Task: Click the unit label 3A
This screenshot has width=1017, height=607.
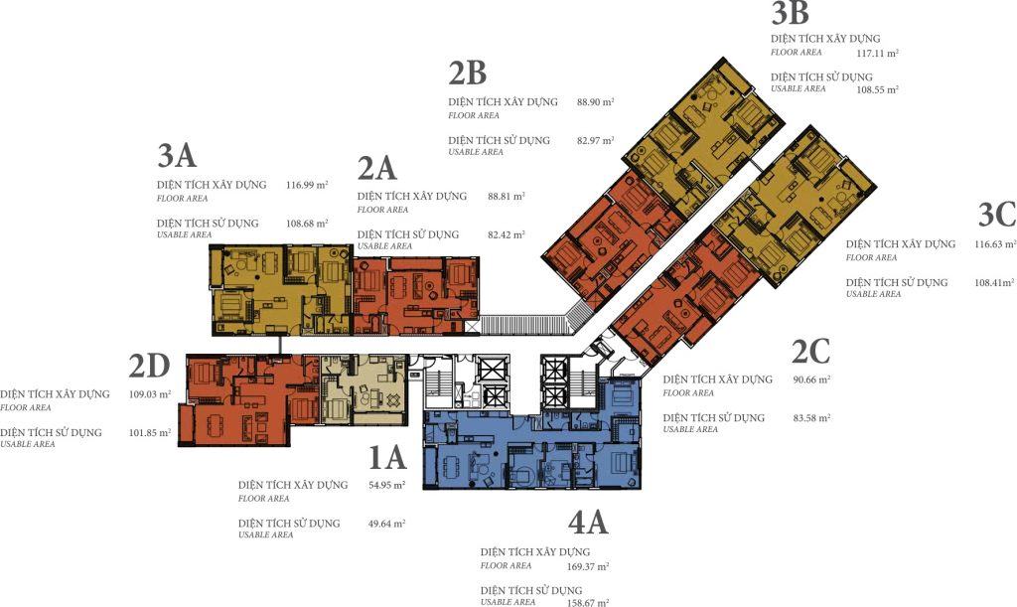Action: pos(177,156)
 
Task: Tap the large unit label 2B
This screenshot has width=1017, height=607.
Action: pos(467,74)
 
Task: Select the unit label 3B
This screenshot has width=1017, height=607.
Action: pos(790,13)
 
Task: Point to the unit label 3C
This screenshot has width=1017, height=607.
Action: pos(997,215)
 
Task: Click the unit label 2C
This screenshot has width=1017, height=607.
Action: pos(810,352)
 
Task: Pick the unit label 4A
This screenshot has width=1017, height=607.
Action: pos(588,522)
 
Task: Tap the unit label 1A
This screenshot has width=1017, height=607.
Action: pos(387,457)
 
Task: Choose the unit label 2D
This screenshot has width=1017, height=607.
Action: pos(149,367)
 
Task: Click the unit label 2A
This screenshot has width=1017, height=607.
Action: pos(376,169)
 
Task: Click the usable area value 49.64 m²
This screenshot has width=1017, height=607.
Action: pos(386,524)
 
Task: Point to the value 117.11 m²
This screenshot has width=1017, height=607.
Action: pos(878,54)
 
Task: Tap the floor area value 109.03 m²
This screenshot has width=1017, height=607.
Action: pos(150,393)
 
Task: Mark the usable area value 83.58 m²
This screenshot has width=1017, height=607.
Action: pos(811,418)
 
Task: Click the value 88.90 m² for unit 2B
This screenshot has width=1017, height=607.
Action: pos(596,101)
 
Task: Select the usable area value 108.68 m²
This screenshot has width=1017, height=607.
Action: pos(307,224)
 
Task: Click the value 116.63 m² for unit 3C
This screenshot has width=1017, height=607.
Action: pos(995,244)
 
